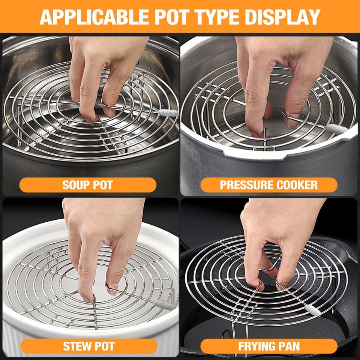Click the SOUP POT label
(x=87, y=185)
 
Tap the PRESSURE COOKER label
(x=268, y=185)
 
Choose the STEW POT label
(x=88, y=346)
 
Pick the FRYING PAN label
(x=269, y=346)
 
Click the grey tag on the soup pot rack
(x=168, y=112)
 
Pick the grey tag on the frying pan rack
(x=310, y=308)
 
